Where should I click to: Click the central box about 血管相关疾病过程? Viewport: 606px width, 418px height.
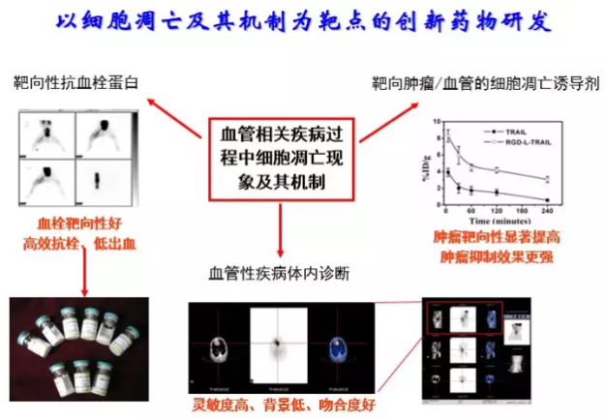tap(278, 159)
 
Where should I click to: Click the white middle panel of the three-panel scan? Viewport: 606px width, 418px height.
tap(279, 344)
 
